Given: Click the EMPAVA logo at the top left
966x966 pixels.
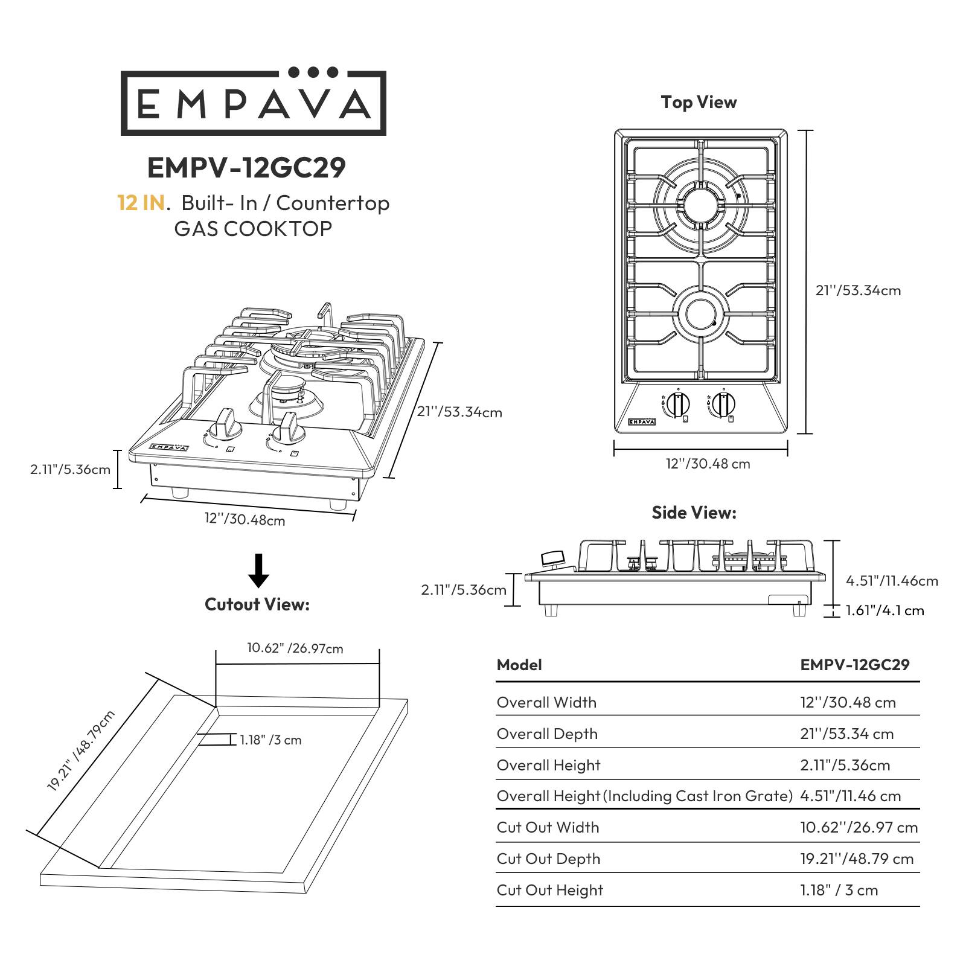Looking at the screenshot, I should click(253, 103).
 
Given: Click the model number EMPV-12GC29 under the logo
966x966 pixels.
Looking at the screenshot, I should click(246, 168).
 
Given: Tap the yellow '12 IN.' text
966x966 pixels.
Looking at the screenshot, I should click(141, 203).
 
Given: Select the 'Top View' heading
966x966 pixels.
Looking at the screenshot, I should click(699, 102).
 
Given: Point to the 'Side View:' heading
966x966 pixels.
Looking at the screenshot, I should click(694, 513).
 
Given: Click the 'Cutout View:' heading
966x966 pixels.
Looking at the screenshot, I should click(257, 604).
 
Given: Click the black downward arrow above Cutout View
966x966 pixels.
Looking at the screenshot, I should click(259, 571).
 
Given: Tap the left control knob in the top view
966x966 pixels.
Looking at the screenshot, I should click(679, 403).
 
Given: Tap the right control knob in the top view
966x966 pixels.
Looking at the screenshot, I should click(723, 403).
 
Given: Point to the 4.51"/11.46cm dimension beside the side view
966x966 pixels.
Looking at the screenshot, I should click(892, 581).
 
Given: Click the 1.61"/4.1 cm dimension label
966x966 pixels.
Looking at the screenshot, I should click(884, 610).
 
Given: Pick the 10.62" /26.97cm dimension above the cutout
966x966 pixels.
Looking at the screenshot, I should click(295, 648).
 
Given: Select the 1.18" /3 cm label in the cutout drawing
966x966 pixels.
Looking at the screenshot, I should click(270, 740).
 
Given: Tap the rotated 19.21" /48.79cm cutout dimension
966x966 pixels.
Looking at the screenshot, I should click(80, 752).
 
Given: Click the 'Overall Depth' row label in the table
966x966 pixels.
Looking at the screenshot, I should click(547, 734).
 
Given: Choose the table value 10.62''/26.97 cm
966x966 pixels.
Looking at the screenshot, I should click(859, 827).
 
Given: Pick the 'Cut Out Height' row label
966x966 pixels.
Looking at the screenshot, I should click(549, 890).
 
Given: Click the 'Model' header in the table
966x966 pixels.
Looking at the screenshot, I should click(519, 665).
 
